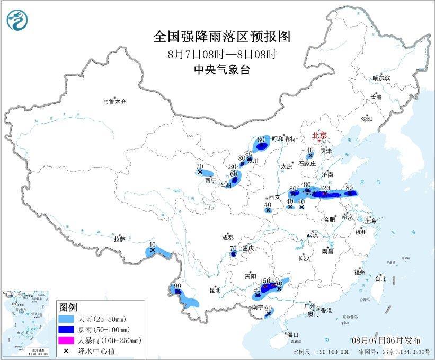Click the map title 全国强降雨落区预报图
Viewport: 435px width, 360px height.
point(222,36)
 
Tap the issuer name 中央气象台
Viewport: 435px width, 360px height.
point(222,69)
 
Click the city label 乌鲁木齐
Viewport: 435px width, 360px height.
point(115,101)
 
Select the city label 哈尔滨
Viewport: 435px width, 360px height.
point(381,78)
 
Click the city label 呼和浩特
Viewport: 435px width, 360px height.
point(283,138)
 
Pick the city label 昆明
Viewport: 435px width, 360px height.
point(215,290)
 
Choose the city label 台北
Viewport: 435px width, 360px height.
point(380,278)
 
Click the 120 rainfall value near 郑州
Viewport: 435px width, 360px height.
point(325,188)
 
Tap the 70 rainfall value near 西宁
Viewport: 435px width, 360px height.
point(199,166)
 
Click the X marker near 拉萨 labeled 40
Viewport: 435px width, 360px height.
point(153,250)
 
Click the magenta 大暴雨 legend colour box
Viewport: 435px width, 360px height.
point(66,340)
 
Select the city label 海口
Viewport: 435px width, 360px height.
point(293,335)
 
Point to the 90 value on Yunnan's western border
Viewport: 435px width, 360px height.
point(177,286)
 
